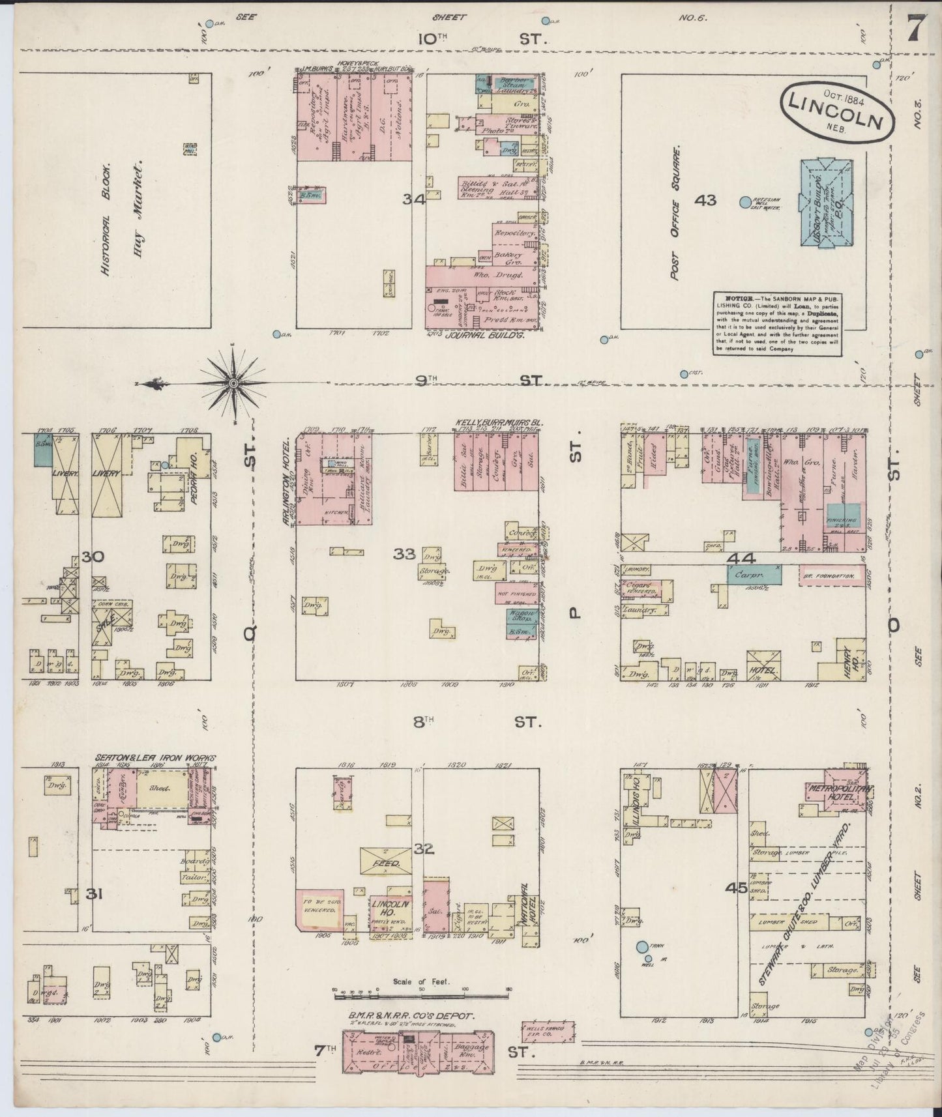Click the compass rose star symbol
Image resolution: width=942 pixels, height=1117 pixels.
click(x=232, y=384)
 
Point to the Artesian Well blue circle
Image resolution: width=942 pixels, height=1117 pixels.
click(x=744, y=203)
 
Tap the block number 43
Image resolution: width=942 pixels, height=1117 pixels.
click(x=705, y=200)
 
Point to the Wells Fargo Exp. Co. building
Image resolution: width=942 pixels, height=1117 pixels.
click(x=548, y=1031)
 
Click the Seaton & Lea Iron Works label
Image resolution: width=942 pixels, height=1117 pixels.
click(x=155, y=758)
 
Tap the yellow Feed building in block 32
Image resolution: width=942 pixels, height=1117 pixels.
click(x=386, y=862)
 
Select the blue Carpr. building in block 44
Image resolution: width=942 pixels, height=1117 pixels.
click(x=754, y=575)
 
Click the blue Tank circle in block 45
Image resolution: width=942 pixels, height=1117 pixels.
click(x=642, y=946)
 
